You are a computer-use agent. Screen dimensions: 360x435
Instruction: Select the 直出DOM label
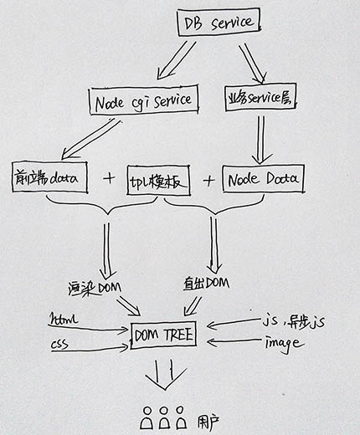pos(206,283)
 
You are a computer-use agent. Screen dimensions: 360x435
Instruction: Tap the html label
pos(63,320)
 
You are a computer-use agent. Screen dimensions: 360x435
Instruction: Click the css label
pos(59,344)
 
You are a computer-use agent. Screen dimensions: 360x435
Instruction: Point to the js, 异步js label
pos(293,321)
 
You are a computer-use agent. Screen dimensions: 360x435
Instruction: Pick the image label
pos(284,344)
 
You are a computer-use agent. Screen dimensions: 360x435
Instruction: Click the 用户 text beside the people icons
pos(208,423)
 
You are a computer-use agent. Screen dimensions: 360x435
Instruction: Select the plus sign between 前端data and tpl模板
pos(109,178)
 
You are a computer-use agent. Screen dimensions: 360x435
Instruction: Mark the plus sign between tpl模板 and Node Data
pos(209,181)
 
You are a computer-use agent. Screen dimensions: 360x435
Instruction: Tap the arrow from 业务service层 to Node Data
pos(261,140)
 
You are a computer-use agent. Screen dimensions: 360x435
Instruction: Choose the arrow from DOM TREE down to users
pos(166,375)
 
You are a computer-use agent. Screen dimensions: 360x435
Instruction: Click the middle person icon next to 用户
pos(164,418)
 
